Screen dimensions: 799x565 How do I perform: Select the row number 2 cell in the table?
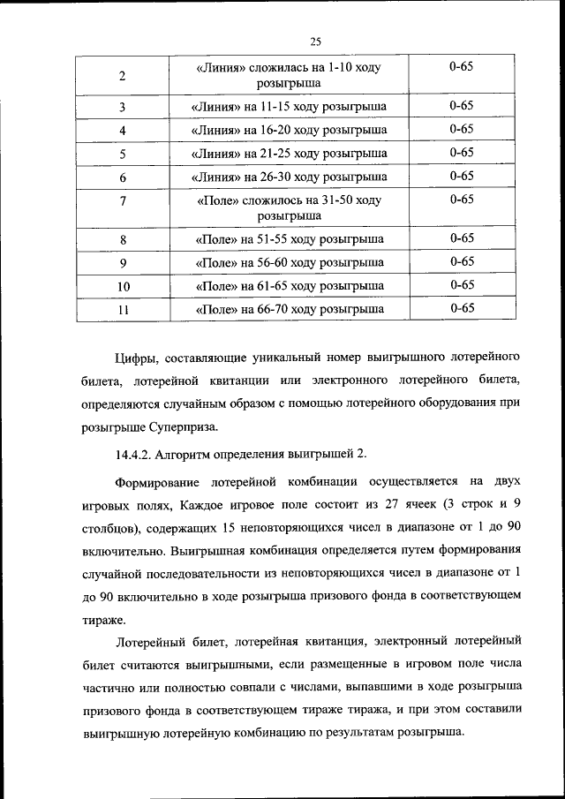[x=122, y=75]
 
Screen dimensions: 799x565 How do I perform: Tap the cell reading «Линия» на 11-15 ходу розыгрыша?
[x=289, y=107]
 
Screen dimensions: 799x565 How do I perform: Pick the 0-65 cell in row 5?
[x=461, y=153]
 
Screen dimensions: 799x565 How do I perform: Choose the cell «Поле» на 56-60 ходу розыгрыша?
[x=289, y=263]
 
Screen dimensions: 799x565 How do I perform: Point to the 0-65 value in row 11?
[x=461, y=308]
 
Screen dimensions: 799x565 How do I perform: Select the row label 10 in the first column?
[x=123, y=286]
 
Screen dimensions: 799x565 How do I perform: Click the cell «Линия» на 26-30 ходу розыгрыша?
[x=289, y=177]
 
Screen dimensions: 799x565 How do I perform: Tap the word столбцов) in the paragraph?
[x=104, y=528]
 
